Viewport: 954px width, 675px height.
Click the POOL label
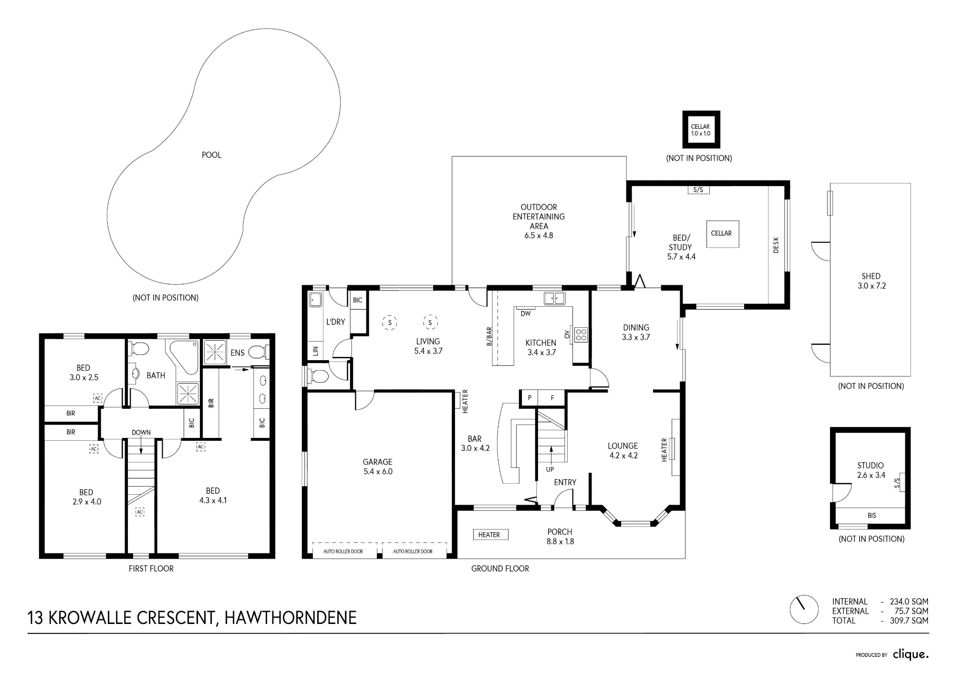coord(211,155)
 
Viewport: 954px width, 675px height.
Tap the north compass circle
coord(804,609)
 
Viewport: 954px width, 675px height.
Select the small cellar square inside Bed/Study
coord(723,234)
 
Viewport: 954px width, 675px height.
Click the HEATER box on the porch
coord(490,535)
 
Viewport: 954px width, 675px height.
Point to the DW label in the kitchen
coord(526,313)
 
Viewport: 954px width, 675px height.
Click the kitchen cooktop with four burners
coord(581,334)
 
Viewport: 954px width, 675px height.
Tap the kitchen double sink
coord(554,299)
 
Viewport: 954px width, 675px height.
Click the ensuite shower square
coord(215,352)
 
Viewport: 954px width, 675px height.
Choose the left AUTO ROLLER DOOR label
coord(343,551)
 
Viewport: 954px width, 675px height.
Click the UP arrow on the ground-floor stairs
coord(551,455)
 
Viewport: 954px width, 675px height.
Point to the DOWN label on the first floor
coord(141,433)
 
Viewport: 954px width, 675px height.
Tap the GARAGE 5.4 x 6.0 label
coord(377,467)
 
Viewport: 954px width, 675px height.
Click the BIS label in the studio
coord(871,515)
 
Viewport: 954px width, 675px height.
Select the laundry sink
coord(315,300)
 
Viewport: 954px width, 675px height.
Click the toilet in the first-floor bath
coord(139,349)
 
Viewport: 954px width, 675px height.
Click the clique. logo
coord(911,654)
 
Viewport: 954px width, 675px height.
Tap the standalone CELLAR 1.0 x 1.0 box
coord(701,130)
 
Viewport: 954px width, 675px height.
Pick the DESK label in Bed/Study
coord(776,245)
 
